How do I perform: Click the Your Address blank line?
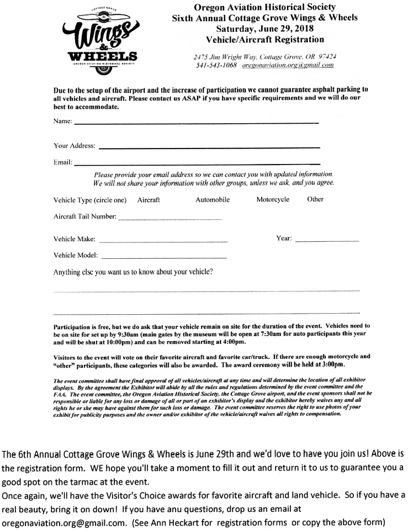point(209,147)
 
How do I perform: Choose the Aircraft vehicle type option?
point(149,200)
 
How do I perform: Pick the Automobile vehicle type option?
point(213,200)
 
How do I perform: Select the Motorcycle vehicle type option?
point(273,200)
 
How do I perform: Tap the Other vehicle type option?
point(315,200)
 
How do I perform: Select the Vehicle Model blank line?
point(164,257)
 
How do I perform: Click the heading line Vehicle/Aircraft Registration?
point(265,40)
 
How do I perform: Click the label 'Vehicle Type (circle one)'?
point(90,200)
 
